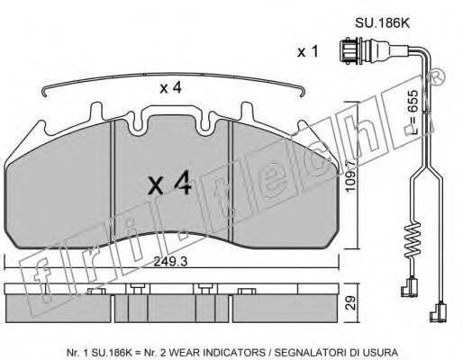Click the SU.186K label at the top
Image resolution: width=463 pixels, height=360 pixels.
[382, 23]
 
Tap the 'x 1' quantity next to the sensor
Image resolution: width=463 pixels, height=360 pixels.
[307, 52]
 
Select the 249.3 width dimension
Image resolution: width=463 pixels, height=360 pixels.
[170, 262]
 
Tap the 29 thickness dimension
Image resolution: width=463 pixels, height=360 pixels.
[350, 302]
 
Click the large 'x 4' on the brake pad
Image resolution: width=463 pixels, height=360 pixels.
[169, 184]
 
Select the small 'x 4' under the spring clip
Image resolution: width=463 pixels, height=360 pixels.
[170, 88]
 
